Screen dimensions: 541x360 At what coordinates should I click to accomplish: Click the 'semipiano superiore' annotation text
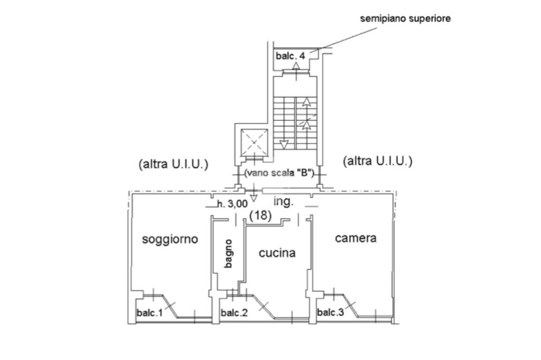pyautogui.click(x=405, y=18)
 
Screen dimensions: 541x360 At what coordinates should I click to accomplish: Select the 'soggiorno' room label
pyautogui.click(x=170, y=239)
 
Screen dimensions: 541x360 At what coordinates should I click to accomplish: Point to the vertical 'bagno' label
pyautogui.click(x=228, y=253)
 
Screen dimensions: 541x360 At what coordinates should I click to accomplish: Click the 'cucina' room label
pyautogui.click(x=277, y=253)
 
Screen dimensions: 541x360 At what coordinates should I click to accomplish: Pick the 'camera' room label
pyautogui.click(x=356, y=238)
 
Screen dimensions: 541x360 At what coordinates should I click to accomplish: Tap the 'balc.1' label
pyautogui.click(x=150, y=313)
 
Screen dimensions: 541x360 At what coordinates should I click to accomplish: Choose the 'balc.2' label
pyautogui.click(x=234, y=313)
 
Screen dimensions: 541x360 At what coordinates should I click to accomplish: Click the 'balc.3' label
pyautogui.click(x=330, y=312)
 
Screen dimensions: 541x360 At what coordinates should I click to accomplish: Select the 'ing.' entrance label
pyautogui.click(x=283, y=202)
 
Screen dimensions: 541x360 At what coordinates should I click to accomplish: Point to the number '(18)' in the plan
pyautogui.click(x=260, y=215)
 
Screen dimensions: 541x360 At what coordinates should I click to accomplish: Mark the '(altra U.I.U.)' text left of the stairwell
pyautogui.click(x=173, y=164)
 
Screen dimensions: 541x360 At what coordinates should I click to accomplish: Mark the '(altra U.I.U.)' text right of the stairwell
pyautogui.click(x=378, y=161)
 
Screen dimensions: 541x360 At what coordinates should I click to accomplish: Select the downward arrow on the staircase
pyautogui.click(x=284, y=144)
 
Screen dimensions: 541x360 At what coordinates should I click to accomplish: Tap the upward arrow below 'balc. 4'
pyautogui.click(x=296, y=67)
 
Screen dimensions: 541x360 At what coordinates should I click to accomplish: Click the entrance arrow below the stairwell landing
pyautogui.click(x=254, y=196)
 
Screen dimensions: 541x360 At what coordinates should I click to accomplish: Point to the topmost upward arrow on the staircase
pyautogui.click(x=306, y=102)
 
